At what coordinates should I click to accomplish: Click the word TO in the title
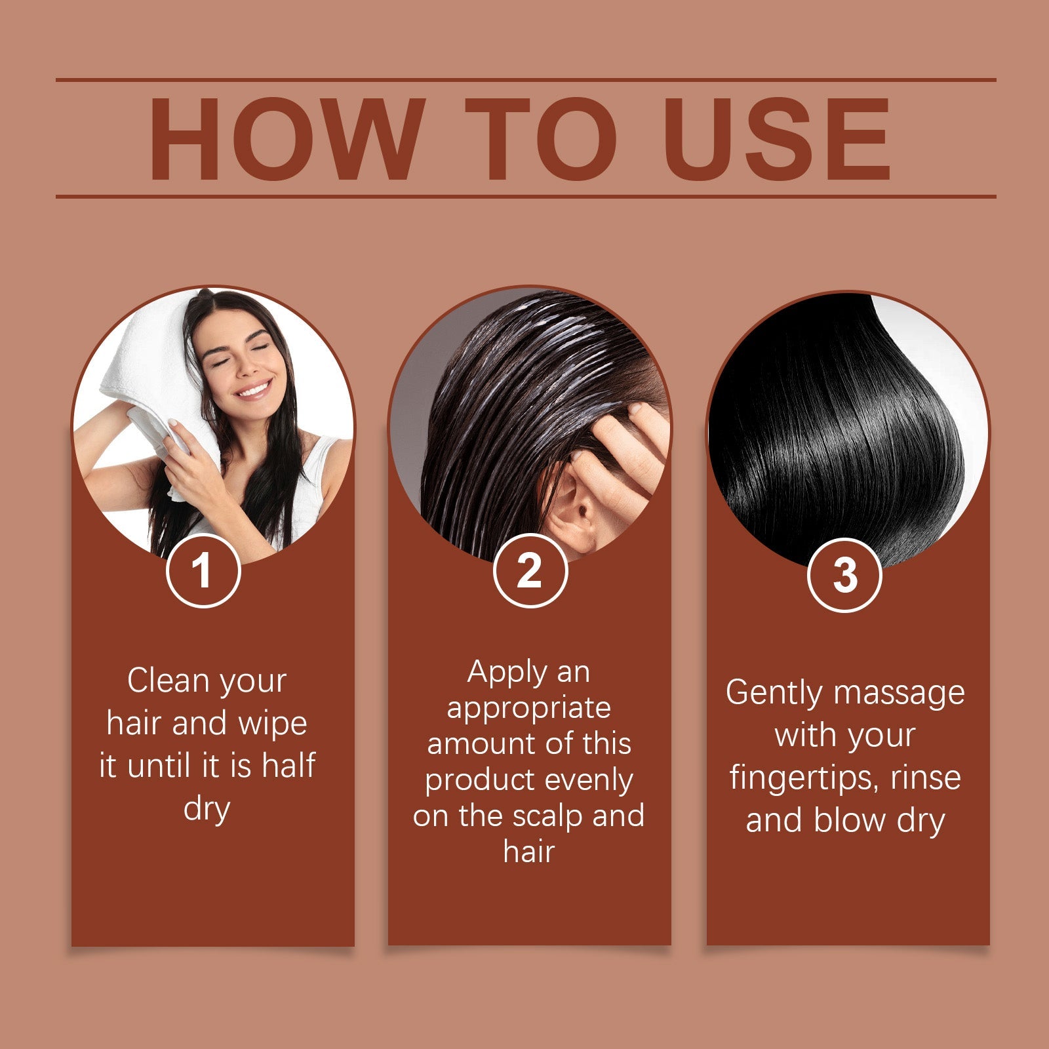pos(542,139)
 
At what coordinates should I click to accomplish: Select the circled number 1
pos(203,571)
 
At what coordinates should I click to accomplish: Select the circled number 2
pos(529,571)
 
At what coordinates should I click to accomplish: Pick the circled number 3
pos(844,575)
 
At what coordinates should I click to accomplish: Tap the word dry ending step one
pos(207,809)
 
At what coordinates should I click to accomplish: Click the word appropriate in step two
pos(528,708)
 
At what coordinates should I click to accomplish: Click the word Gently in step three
pos(773,694)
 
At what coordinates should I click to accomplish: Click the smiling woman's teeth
pos(252,391)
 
